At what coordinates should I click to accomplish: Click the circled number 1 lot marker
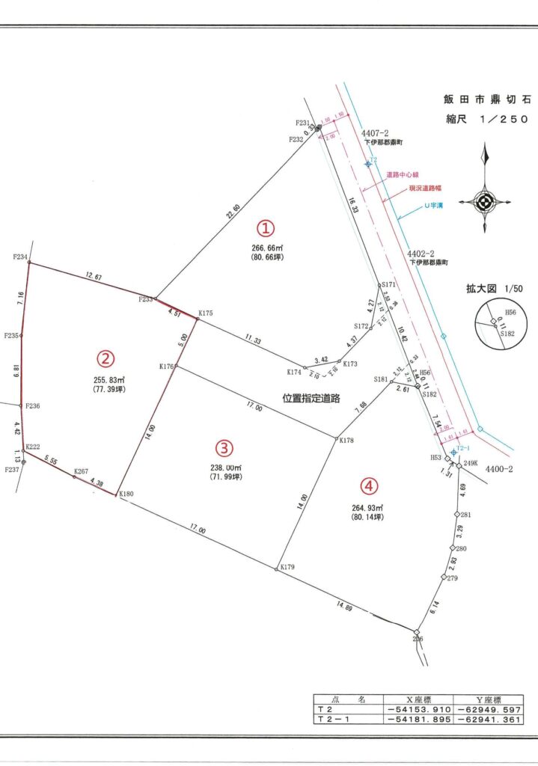point(267,227)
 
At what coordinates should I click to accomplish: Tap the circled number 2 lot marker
point(107,358)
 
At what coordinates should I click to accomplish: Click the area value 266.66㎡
point(267,247)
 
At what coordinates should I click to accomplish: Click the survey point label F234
point(20,257)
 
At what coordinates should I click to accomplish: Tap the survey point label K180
point(126,494)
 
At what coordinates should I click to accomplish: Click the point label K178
point(346,441)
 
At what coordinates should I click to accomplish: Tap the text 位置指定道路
point(311,399)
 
